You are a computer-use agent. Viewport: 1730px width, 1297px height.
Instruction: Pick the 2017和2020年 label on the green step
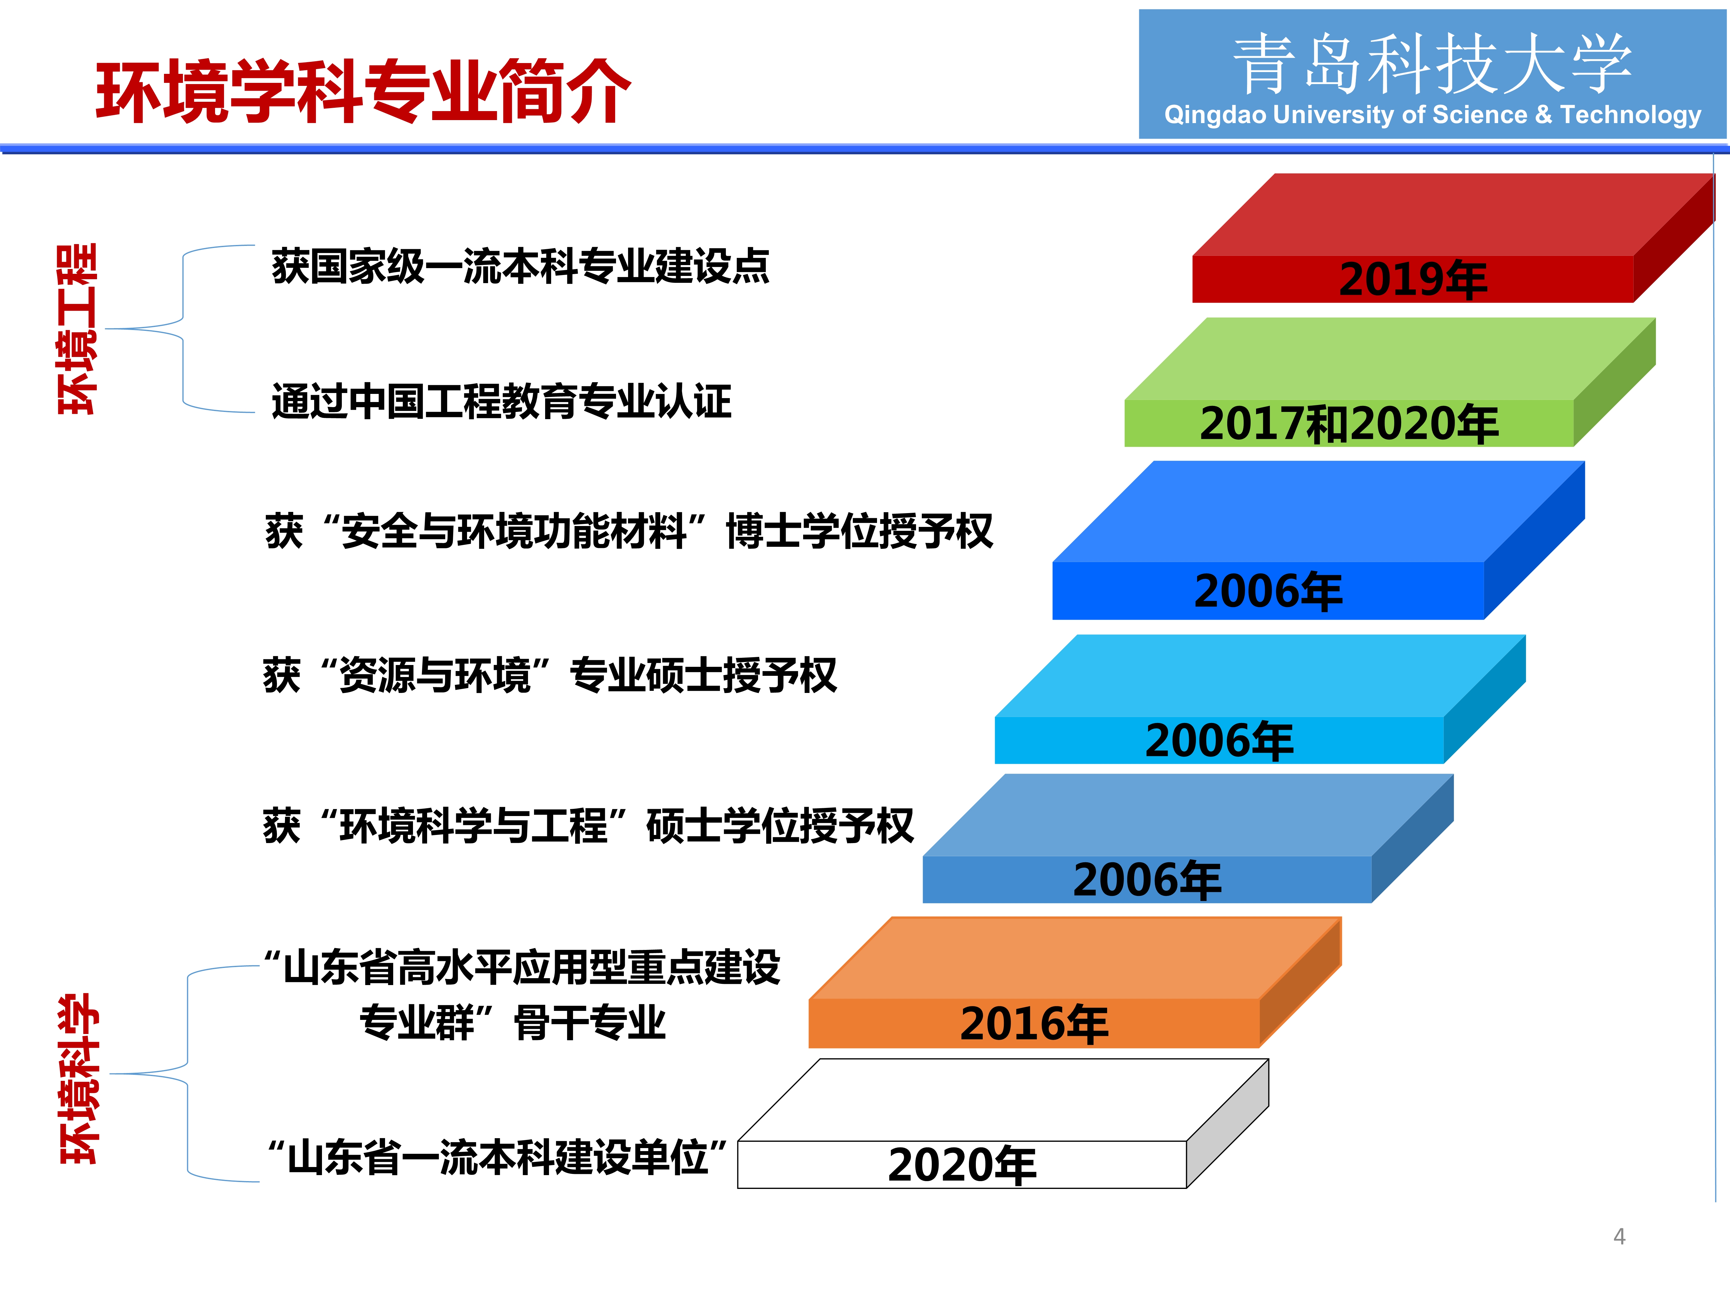coord(1349,424)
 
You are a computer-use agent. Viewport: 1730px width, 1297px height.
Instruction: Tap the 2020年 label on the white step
coord(962,1165)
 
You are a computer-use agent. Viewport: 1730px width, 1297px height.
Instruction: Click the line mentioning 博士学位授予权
coord(629,532)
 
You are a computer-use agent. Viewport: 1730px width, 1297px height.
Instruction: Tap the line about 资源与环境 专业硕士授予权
coord(550,676)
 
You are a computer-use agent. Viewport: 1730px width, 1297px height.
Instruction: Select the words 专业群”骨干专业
coord(512,1023)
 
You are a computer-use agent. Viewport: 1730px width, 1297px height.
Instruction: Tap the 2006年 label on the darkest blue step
coord(1268,591)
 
